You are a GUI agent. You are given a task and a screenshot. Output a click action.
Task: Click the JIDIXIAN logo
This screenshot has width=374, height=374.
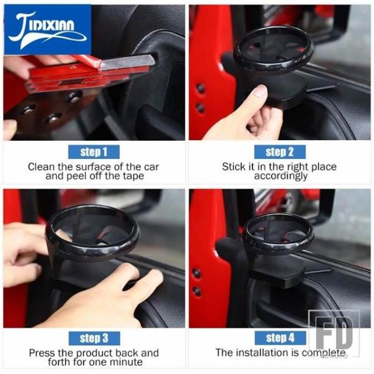[47, 29]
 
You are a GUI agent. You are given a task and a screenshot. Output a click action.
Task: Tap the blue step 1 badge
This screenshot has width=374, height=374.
[93, 152]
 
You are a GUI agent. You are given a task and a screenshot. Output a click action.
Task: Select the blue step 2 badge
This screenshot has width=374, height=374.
[280, 152]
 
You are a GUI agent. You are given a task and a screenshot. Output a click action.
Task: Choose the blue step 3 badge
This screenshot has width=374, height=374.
[94, 338]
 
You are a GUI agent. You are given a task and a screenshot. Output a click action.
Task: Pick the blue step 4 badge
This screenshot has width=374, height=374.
[280, 338]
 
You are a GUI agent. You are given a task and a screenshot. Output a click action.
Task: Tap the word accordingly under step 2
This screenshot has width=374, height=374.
[280, 176]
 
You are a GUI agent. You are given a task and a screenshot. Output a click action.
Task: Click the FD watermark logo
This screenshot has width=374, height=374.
[334, 333]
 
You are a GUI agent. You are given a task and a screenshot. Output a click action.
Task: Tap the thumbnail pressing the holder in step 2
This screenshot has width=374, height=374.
[259, 92]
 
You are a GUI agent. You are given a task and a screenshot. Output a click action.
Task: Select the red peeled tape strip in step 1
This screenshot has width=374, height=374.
[79, 72]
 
